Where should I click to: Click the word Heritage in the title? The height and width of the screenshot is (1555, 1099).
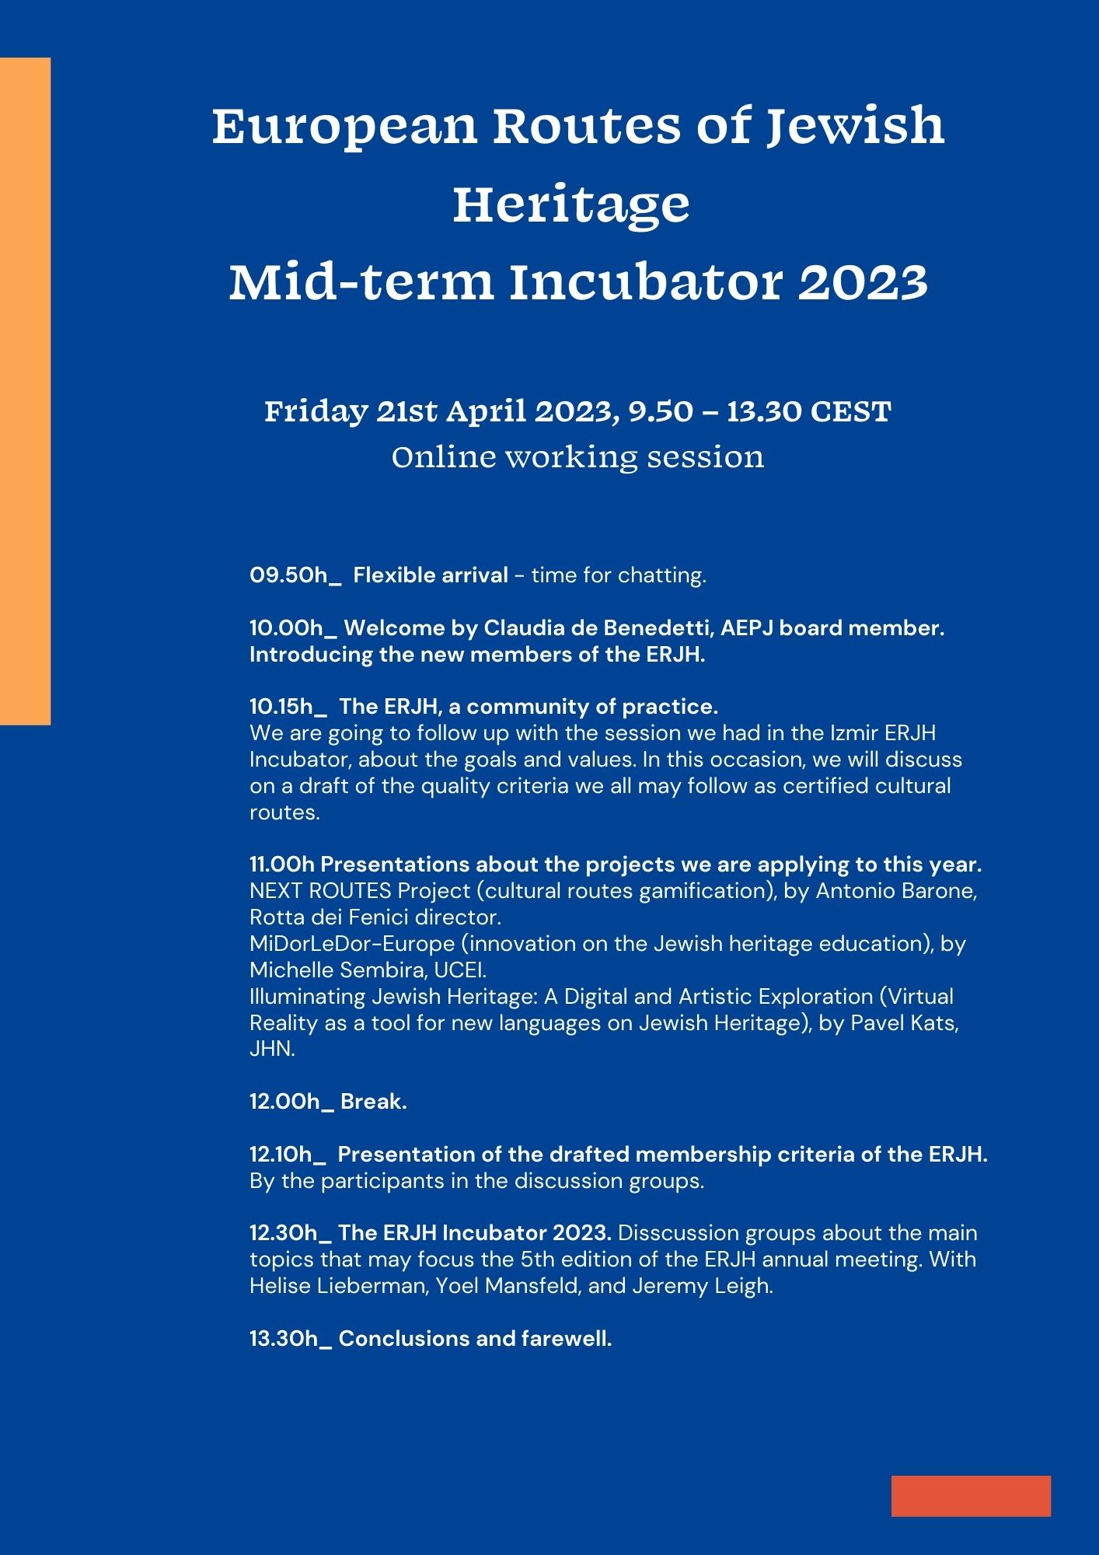pyautogui.click(x=571, y=204)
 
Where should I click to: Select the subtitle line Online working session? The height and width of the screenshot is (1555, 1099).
pyautogui.click(x=577, y=456)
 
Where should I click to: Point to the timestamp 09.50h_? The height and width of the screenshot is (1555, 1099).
pyautogui.click(x=295, y=575)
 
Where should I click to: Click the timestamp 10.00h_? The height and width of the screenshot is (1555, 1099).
pyautogui.click(x=293, y=628)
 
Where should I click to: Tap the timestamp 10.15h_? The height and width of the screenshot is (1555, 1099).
pyautogui.click(x=288, y=707)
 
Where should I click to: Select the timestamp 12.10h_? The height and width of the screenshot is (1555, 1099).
pyautogui.click(x=288, y=1155)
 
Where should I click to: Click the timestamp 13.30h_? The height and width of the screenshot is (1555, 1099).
pyautogui.click(x=291, y=1339)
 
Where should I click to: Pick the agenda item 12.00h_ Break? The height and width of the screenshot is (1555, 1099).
pyautogui.click(x=328, y=1102)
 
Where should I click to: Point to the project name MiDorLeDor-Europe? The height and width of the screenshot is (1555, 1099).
pyautogui.click(x=352, y=944)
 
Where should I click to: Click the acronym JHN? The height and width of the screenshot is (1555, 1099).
pyautogui.click(x=272, y=1049)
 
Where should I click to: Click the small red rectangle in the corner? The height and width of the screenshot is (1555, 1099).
pyautogui.click(x=971, y=1496)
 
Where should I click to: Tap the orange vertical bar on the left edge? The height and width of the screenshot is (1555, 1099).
pyautogui.click(x=25, y=391)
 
